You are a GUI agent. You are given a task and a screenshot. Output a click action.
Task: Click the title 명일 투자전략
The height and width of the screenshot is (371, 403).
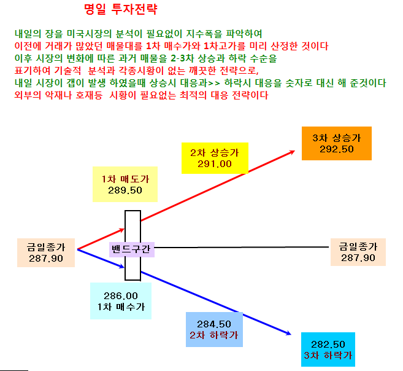(121, 9)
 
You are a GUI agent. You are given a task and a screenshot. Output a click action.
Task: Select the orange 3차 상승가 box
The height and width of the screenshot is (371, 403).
(336, 143)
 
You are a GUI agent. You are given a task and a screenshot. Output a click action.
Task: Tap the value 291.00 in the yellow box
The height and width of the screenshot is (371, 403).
(214, 164)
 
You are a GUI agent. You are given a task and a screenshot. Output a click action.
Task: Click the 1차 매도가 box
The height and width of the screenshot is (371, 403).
(125, 184)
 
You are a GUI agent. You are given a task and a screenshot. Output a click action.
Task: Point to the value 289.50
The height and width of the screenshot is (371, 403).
(125, 190)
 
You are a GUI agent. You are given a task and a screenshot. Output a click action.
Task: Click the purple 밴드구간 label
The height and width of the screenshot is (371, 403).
(132, 249)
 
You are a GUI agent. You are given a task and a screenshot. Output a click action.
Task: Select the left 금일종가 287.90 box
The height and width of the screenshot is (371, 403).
(46, 252)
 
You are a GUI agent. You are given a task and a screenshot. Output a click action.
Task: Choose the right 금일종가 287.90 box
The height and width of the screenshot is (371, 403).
(358, 252)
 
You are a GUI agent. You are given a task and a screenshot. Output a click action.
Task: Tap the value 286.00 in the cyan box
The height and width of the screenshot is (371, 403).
(121, 296)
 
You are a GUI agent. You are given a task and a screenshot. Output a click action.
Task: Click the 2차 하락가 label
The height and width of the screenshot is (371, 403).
(214, 335)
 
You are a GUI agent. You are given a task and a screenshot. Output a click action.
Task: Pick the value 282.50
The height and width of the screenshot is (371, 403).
(328, 344)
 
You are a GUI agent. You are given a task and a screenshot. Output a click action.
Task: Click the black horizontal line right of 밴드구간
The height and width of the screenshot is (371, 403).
(242, 248)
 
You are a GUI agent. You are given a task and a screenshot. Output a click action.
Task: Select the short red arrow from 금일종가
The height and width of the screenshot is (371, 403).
(101, 239)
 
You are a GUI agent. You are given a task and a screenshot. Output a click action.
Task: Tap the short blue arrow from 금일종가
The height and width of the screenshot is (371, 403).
(101, 259)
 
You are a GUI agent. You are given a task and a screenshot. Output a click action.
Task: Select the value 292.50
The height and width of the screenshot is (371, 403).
(336, 149)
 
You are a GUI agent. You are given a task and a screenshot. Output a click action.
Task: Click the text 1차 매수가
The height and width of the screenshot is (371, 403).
(121, 307)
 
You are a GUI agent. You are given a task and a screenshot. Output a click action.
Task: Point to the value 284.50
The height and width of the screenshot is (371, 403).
(214, 324)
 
